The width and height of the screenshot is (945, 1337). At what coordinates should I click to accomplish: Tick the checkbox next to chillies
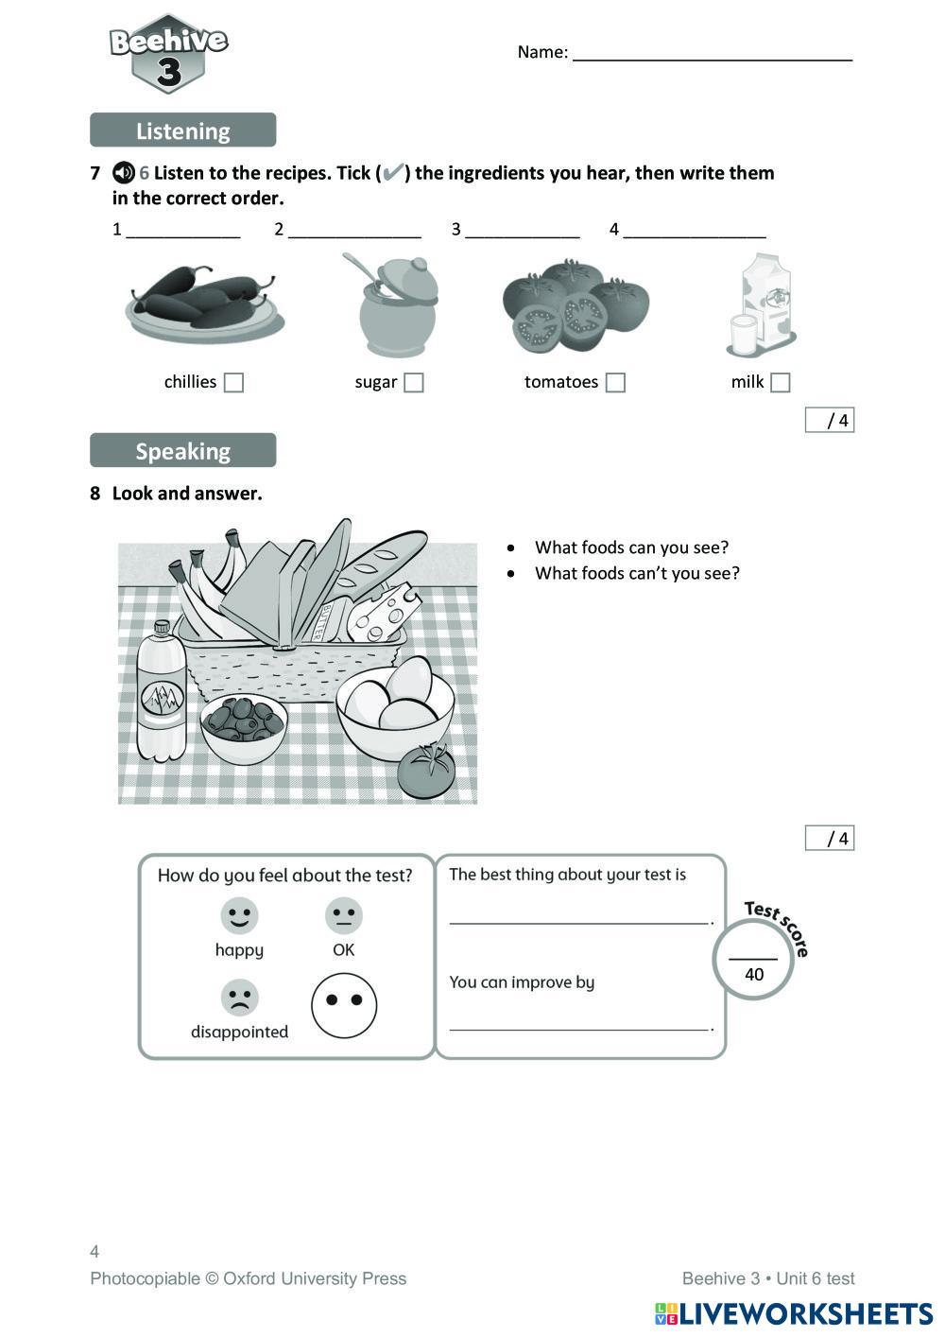tap(233, 382)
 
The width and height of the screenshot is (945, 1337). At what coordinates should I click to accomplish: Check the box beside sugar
tap(413, 382)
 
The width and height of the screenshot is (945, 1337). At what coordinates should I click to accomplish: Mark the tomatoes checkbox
tap(615, 382)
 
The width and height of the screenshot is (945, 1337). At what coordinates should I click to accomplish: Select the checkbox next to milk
tap(780, 382)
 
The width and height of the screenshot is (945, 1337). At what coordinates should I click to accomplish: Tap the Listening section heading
tap(182, 130)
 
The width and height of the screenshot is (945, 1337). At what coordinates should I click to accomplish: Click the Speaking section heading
tap(182, 451)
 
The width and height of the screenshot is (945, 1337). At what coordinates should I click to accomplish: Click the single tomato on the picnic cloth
tap(426, 771)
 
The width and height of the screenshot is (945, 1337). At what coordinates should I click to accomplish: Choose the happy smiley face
tap(239, 915)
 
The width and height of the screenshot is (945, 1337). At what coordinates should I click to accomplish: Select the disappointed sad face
tap(239, 997)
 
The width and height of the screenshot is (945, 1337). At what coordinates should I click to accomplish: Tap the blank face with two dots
tap(344, 1004)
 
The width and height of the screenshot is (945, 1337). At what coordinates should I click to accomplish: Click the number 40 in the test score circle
tap(754, 975)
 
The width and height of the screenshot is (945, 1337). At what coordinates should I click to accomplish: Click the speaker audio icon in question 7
tap(124, 173)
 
